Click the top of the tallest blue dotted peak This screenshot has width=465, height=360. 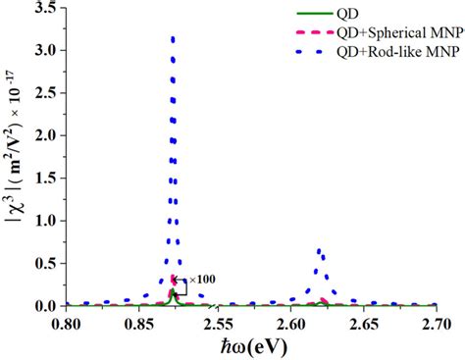(x=174, y=38)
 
